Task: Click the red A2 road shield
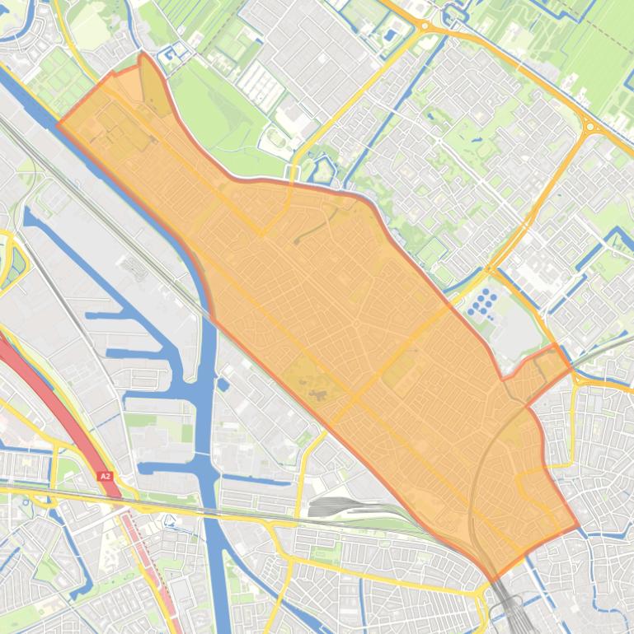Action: (x=104, y=476)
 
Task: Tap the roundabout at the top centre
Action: (x=425, y=26)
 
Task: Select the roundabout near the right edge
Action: (x=589, y=127)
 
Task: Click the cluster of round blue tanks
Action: (x=483, y=302)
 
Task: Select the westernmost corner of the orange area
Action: (x=57, y=124)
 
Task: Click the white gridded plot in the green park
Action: (x=260, y=83)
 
